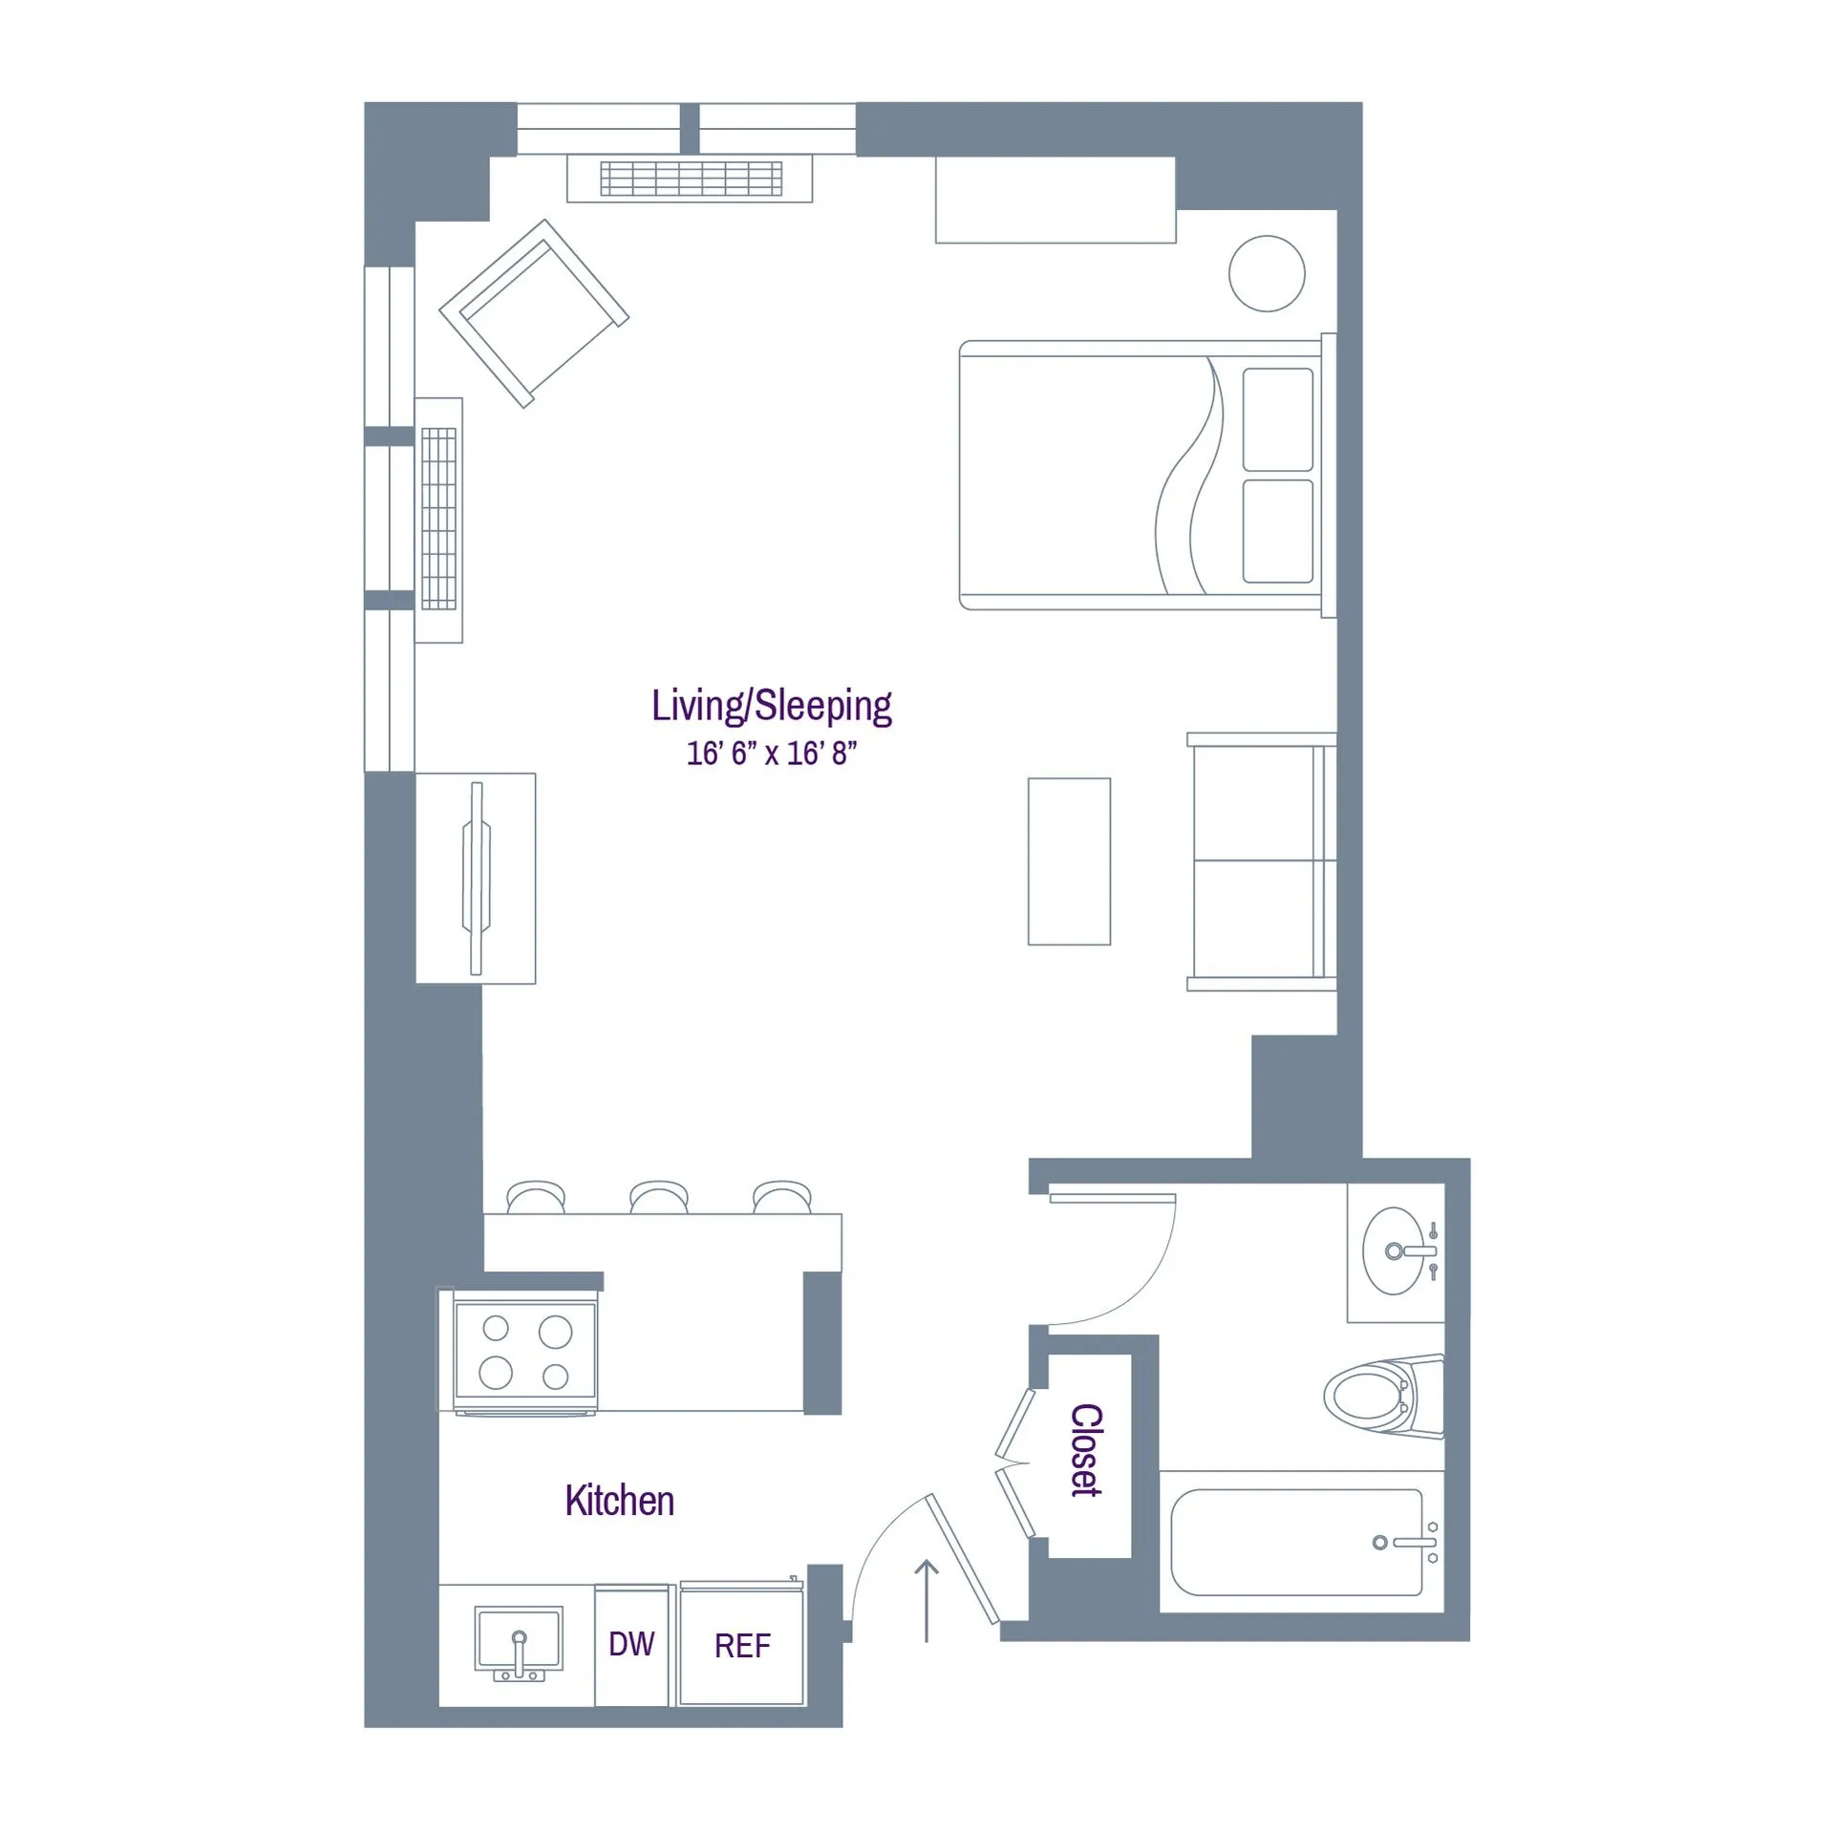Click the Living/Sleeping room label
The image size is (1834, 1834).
pos(771,707)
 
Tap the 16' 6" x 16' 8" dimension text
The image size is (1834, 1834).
pos(771,754)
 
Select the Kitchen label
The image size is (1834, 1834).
pos(619,1501)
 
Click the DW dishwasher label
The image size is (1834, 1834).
pos(631,1644)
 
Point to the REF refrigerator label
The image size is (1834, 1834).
pos(742,1646)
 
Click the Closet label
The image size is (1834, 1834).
pos(1087,1450)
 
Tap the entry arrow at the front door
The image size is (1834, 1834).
pos(927,1600)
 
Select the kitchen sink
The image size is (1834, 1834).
pos(519,1640)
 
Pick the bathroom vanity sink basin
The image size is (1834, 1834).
pos(1393,1250)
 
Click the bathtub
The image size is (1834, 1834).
pos(1297,1542)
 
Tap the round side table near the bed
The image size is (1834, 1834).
pos(1267,273)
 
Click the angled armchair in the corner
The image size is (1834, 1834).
pos(534,313)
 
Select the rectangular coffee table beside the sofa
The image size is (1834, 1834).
pos(1069,862)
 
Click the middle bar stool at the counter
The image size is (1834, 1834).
pos(659,1197)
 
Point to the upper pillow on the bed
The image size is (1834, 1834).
pos(1277,419)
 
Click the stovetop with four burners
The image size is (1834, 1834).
pos(525,1351)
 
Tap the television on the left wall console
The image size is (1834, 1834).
pos(477,878)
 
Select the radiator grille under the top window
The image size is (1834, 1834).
pos(691,179)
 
